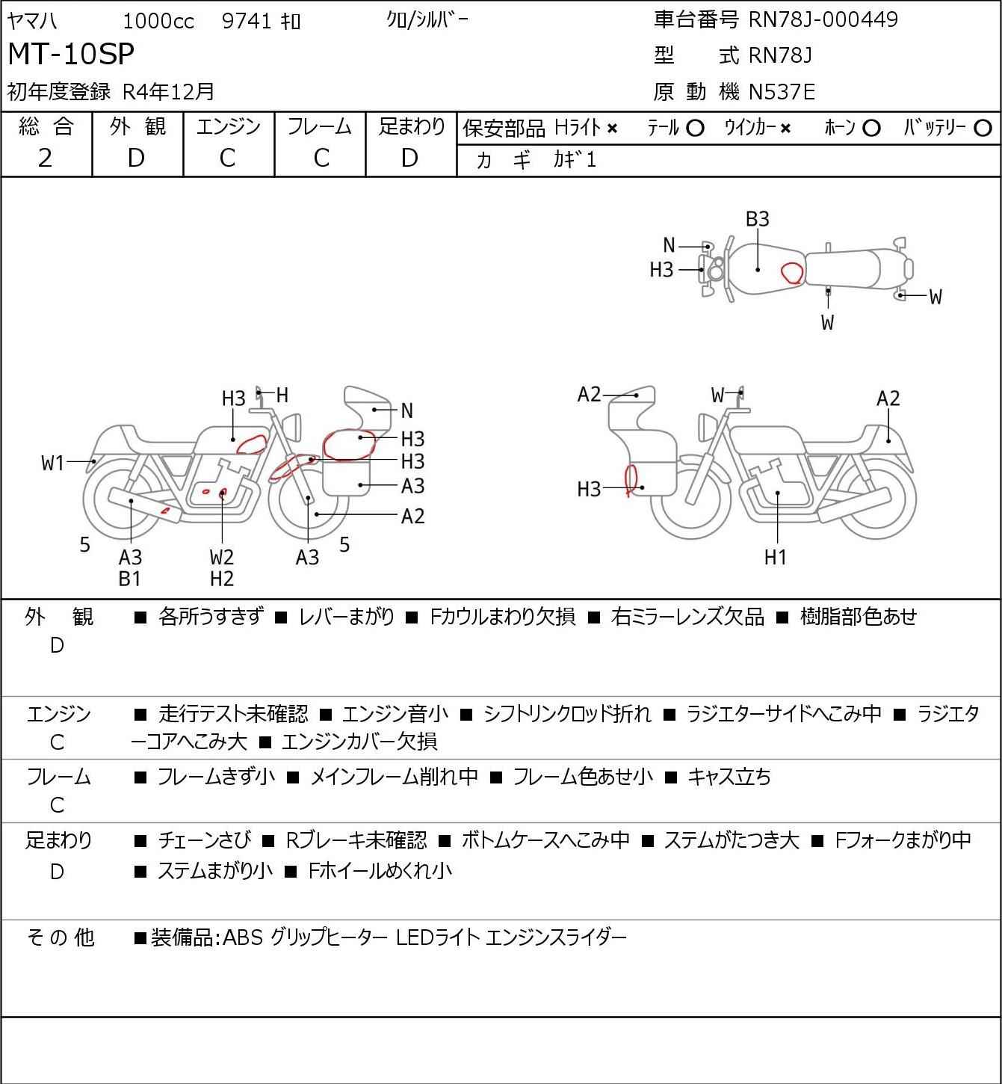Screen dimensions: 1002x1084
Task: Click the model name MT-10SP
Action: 71,54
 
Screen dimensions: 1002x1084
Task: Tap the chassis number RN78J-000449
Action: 823,19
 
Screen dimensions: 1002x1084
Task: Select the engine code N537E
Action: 782,92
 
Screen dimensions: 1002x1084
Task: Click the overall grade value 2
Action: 46,158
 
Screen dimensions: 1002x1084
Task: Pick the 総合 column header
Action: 46,126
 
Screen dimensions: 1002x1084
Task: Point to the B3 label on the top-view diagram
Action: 758,219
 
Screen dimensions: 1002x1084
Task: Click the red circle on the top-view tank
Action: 793,273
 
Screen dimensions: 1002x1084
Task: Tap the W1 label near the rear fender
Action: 53,464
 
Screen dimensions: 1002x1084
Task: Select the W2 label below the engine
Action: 222,557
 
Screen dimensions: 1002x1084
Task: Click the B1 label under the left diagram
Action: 130,579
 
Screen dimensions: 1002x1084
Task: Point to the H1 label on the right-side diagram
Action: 775,557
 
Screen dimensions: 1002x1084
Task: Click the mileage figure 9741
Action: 247,21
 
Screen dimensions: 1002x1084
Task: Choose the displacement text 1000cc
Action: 158,21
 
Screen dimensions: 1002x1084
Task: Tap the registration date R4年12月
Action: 168,92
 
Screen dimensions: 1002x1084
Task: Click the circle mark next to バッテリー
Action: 983,129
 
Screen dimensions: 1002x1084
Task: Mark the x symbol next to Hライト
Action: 613,129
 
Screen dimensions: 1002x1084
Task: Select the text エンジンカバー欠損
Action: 359,741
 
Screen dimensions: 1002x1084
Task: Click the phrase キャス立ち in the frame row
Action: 729,777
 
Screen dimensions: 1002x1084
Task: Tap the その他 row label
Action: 61,937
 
